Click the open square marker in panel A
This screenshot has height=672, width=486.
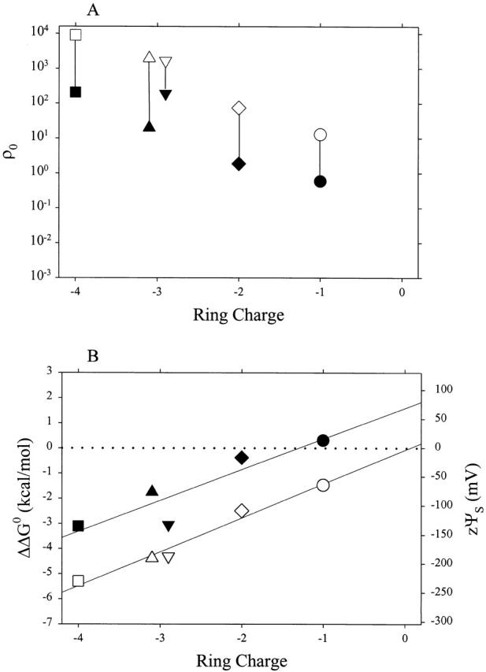click(76, 35)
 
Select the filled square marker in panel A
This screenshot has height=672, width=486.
click(76, 91)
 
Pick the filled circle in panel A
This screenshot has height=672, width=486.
click(320, 181)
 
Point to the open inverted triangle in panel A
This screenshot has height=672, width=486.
click(165, 62)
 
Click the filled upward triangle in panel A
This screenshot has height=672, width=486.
click(149, 126)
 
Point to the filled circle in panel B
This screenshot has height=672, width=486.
click(322, 440)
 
